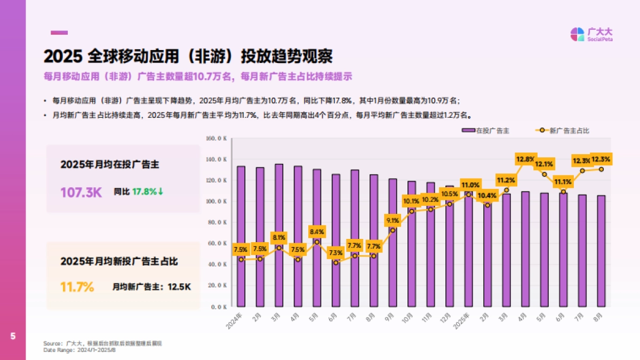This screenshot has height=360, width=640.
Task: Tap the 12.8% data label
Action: (x=525, y=159)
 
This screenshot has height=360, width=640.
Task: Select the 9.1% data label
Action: (x=393, y=220)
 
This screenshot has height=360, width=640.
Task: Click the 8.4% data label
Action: (x=317, y=232)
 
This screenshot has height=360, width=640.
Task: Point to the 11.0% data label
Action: (x=469, y=185)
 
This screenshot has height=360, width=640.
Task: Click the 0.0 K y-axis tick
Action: (x=219, y=307)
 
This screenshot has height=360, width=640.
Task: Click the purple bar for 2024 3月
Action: (x=279, y=235)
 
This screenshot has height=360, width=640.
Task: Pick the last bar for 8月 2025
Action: (x=601, y=251)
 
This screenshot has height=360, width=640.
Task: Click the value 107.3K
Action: (x=81, y=192)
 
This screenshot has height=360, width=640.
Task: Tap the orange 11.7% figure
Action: (x=77, y=287)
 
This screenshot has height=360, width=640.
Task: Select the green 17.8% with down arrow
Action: (x=148, y=191)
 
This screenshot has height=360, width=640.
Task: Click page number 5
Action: (x=13, y=336)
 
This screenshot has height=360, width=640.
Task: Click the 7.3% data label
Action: (x=335, y=252)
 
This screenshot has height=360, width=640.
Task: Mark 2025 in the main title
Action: (x=62, y=56)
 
